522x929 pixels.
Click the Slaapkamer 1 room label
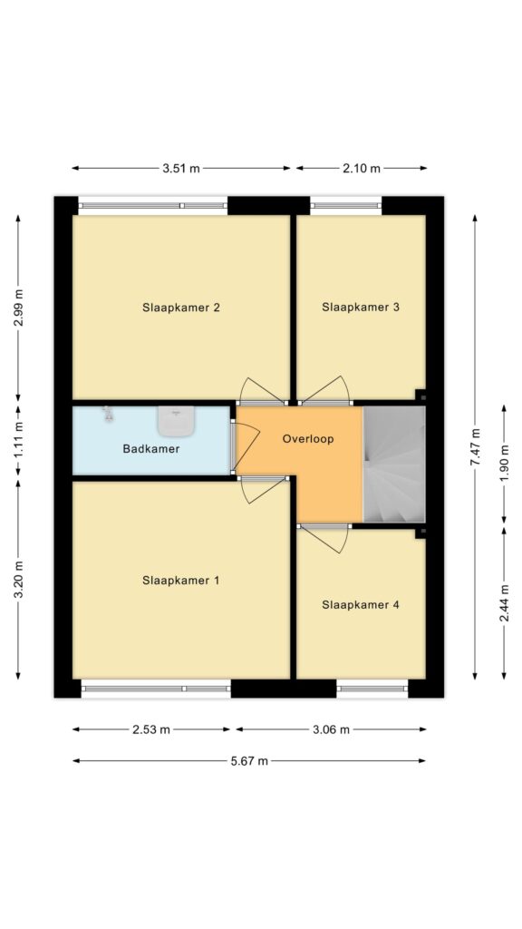pyautogui.click(x=180, y=581)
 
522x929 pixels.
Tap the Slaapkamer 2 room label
pyautogui.click(x=180, y=308)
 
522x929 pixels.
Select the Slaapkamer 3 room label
pyautogui.click(x=361, y=308)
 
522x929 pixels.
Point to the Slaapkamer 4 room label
pyautogui.click(x=361, y=605)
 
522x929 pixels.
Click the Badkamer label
pyautogui.click(x=151, y=449)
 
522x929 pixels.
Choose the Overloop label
pyautogui.click(x=308, y=439)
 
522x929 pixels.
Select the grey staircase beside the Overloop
pyautogui.click(x=394, y=464)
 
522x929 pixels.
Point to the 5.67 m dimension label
pyautogui.click(x=249, y=761)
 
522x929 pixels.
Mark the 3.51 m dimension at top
pyautogui.click(x=181, y=169)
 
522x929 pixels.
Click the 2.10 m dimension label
pyautogui.click(x=362, y=169)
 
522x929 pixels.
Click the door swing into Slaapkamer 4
pyautogui.click(x=326, y=540)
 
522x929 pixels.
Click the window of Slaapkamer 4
pyautogui.click(x=372, y=689)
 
